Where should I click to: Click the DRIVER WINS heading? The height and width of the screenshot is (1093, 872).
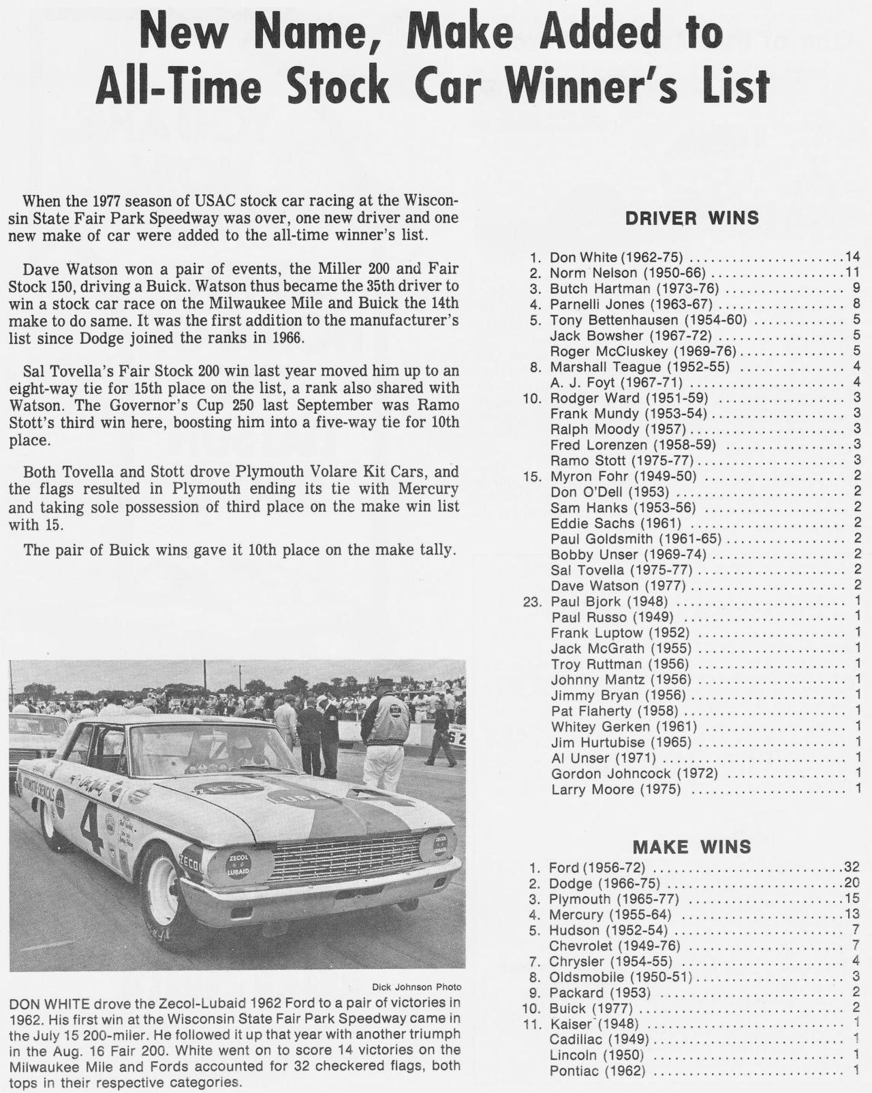[691, 218]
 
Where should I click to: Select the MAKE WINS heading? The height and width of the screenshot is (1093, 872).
[691, 847]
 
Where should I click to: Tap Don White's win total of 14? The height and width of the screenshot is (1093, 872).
[852, 257]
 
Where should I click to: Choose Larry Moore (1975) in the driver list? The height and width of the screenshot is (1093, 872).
[616, 790]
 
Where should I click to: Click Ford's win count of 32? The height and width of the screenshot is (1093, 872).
[852, 867]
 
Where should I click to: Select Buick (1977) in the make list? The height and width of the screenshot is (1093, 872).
[591, 1009]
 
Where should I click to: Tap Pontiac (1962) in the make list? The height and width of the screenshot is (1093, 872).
[597, 1071]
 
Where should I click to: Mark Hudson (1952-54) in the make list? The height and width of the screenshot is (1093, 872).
[608, 930]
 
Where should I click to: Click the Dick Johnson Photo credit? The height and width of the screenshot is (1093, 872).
[416, 987]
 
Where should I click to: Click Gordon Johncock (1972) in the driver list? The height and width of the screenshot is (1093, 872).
[634, 774]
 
